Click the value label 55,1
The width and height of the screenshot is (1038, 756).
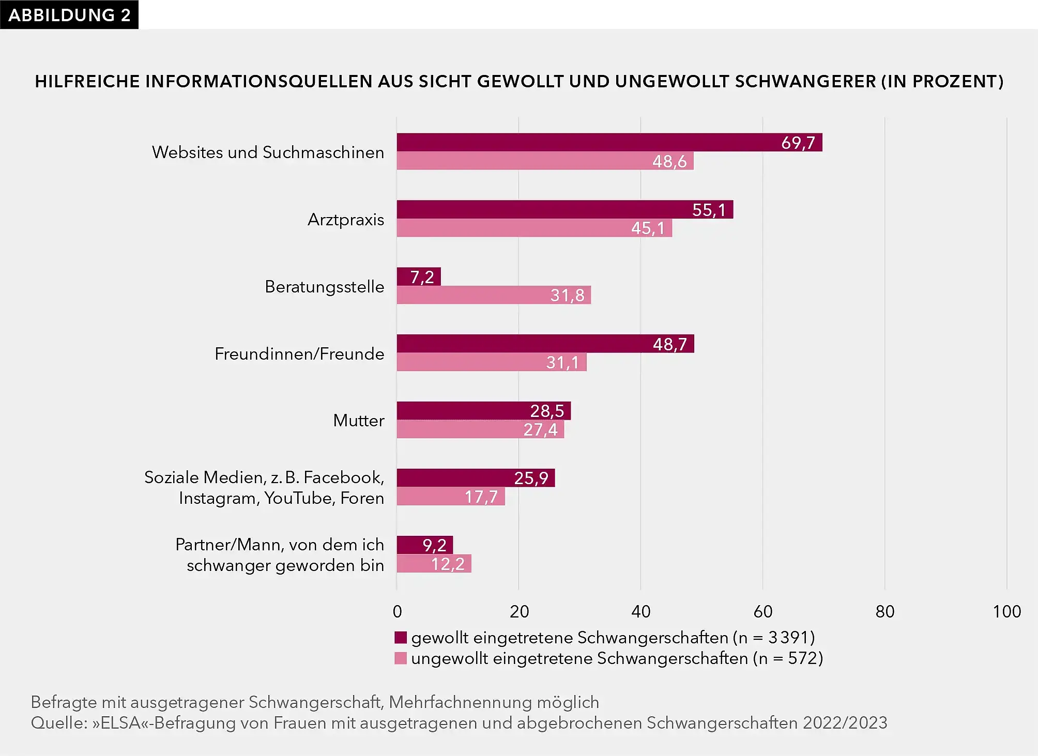click(709, 210)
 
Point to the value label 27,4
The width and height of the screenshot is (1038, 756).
click(540, 429)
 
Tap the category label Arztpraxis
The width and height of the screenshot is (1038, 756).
click(346, 220)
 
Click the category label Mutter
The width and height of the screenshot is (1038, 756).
click(359, 421)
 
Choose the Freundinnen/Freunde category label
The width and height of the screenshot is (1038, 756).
click(299, 354)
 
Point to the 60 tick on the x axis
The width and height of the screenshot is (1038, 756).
click(763, 611)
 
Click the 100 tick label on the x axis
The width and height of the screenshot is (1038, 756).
click(1006, 611)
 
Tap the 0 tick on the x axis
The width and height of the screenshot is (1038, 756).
click(397, 611)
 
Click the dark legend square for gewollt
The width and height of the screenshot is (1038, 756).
click(401, 638)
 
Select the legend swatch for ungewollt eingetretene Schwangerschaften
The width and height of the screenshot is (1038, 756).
click(401, 658)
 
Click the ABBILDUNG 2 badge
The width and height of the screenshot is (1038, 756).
click(69, 14)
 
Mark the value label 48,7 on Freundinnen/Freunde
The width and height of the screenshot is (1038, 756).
click(670, 344)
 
